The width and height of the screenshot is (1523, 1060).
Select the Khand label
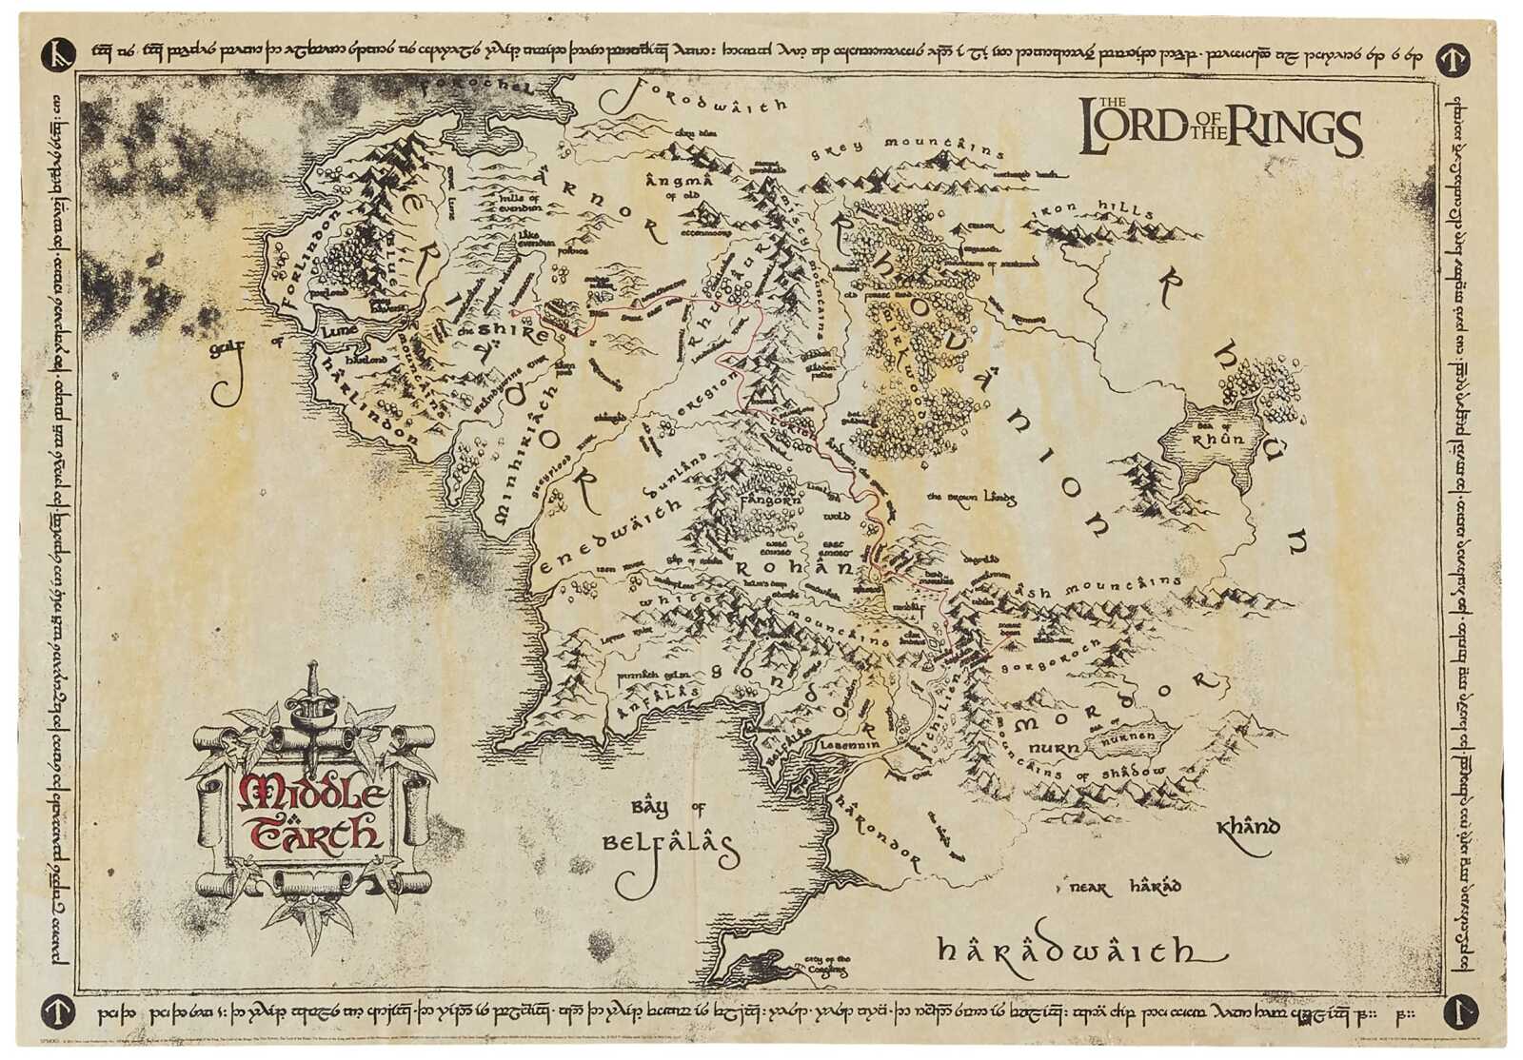tap(1248, 826)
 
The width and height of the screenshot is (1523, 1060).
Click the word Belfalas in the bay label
tap(669, 844)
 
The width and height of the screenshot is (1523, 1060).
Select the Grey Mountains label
tap(906, 147)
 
